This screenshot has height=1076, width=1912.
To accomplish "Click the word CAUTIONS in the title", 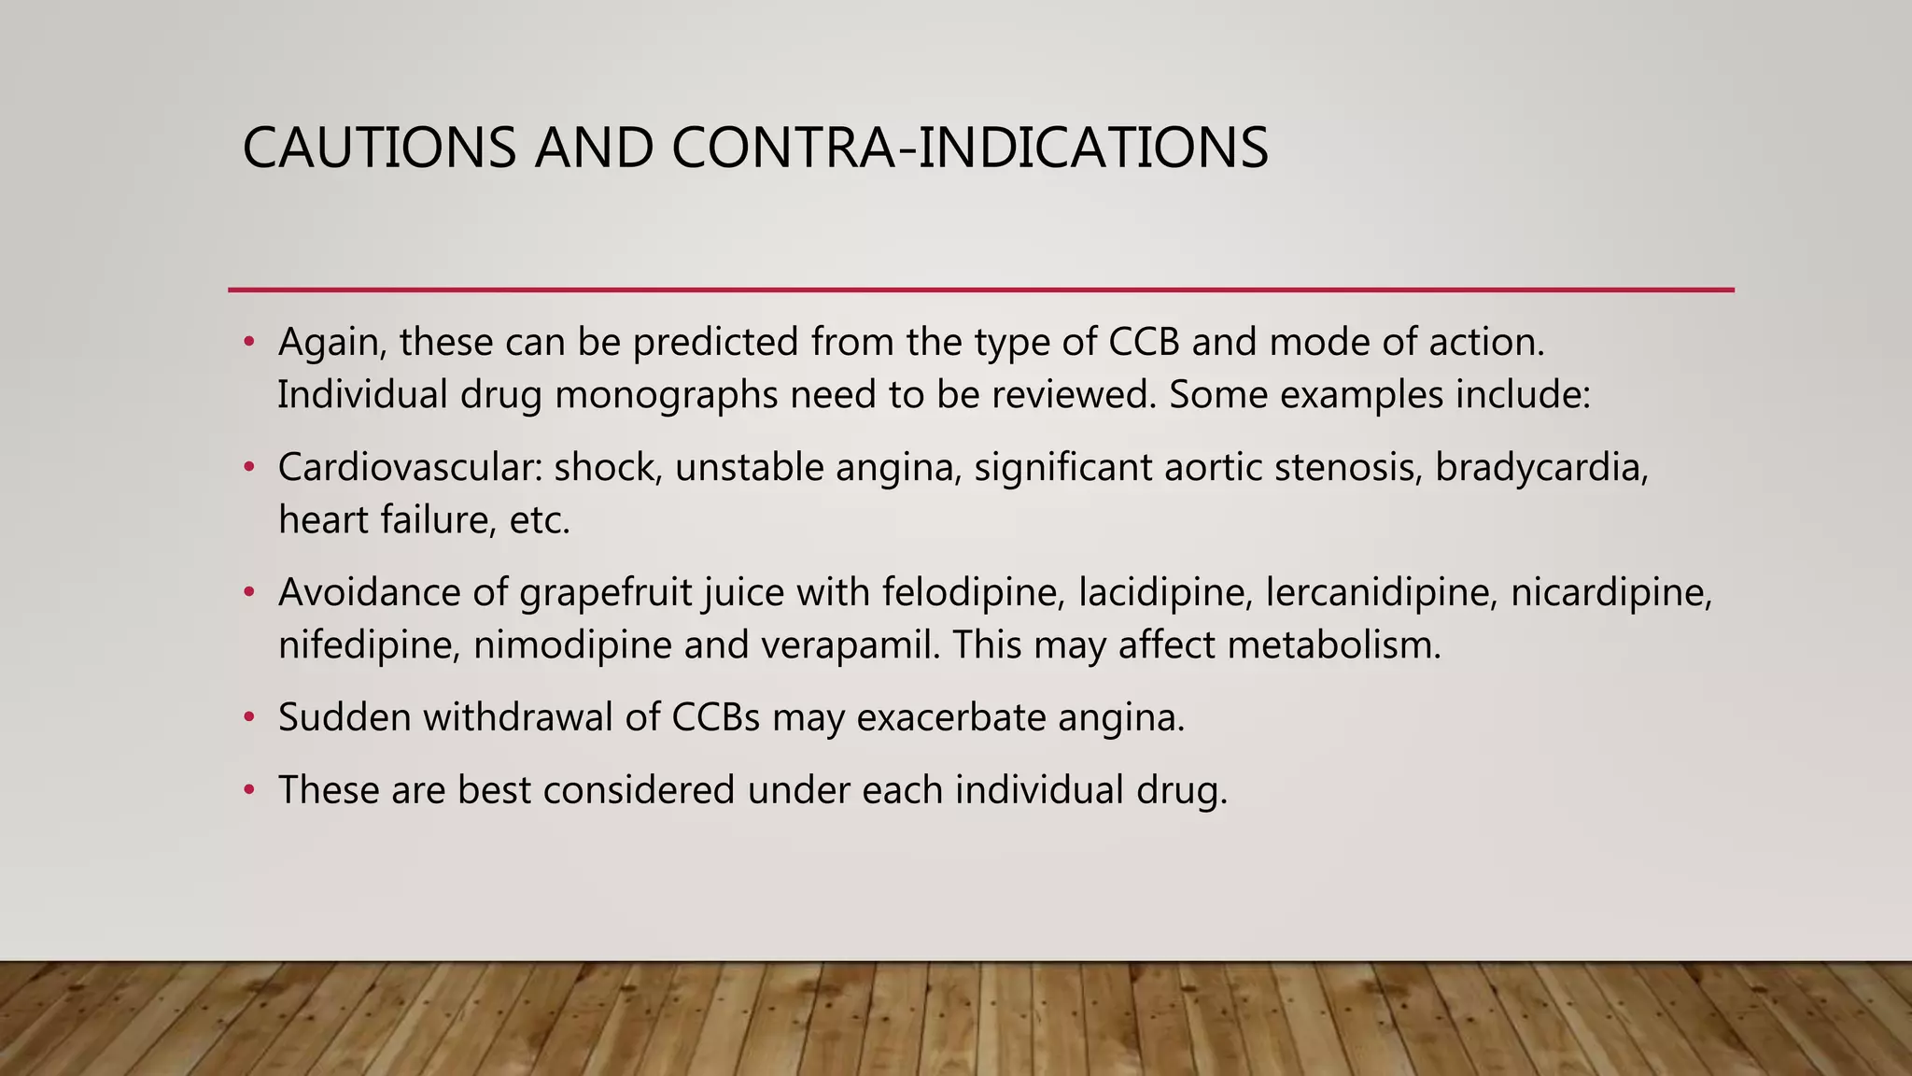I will click(378, 148).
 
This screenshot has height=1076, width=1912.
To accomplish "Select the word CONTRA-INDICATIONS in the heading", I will click(969, 148).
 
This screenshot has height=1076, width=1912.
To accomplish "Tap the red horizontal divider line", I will click(980, 290).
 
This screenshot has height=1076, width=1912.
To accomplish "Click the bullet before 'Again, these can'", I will click(248, 342).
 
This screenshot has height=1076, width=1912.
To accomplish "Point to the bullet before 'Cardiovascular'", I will click(248, 467).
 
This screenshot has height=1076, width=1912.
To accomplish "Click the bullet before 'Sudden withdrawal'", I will click(248, 717).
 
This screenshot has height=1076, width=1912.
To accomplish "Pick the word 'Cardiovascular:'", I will click(410, 467).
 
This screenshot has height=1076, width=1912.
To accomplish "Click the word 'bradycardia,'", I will click(1541, 467).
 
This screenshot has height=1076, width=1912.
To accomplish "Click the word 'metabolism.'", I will click(1334, 645).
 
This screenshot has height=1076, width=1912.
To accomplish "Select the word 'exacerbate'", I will click(950, 717).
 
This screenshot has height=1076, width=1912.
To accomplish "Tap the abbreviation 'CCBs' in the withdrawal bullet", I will click(715, 717).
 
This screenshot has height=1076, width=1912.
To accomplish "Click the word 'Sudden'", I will click(344, 717).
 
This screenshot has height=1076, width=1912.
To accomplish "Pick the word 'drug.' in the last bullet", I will click(1181, 790).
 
